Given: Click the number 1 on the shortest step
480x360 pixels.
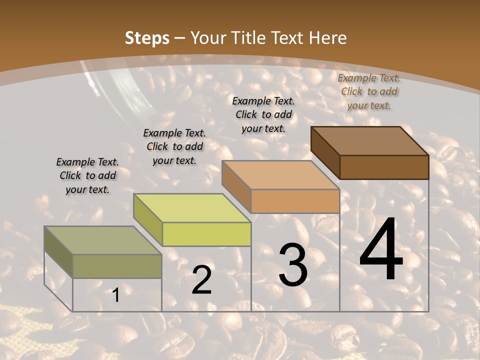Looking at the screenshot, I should coord(116,295).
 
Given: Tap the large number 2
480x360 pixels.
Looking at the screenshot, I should coord(201,280).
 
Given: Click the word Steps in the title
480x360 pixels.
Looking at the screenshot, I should coord(147,38).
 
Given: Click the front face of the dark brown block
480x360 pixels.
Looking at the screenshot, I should coord(384,167).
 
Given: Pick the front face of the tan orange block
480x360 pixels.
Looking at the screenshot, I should coord(295,201).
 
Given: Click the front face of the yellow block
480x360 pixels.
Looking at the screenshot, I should coord(206,234).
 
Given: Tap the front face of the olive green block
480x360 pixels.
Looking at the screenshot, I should coord(117,266).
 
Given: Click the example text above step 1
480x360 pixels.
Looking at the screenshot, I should coord(87,175).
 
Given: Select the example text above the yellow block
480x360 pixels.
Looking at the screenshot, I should coord(174,146).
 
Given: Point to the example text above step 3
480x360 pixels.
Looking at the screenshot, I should coord(263,114).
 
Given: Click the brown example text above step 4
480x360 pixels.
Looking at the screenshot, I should coord(369,91).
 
